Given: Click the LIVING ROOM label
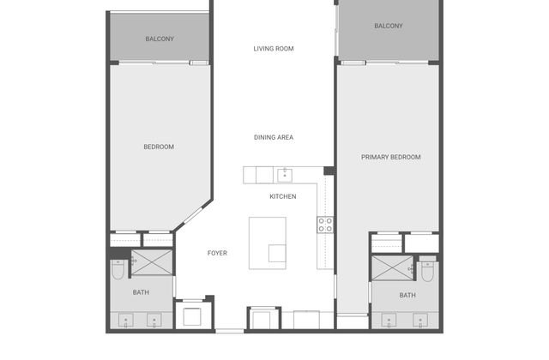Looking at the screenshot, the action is coord(274,49).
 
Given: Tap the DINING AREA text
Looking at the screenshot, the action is coord(274,137).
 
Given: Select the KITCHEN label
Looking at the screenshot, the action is coord(283,196).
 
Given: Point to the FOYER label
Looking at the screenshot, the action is coord(217,253).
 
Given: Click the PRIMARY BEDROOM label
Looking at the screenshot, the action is coord(391,158).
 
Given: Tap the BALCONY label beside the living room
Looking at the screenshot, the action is coord(389,26).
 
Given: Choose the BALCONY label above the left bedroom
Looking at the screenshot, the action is coord(160,39).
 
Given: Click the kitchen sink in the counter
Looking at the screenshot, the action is coord(285,175).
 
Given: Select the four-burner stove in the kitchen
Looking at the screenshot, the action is coord(325,225).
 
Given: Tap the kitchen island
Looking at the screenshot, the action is coord(267,243).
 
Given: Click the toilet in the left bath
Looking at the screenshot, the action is coord(118,269).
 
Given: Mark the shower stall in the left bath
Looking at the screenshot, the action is coord(152,262).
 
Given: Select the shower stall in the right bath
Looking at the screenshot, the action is coord(393,268).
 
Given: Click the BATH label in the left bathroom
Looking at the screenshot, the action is coord(141,292).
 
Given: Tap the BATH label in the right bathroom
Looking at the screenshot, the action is coord(407,295).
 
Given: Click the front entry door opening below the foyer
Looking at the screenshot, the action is coord(229,331).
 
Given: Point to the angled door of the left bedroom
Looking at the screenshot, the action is coord(193,215).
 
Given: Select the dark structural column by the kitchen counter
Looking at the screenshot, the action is coord(329,171).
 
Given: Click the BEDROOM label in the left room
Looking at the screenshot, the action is coord(159,147).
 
